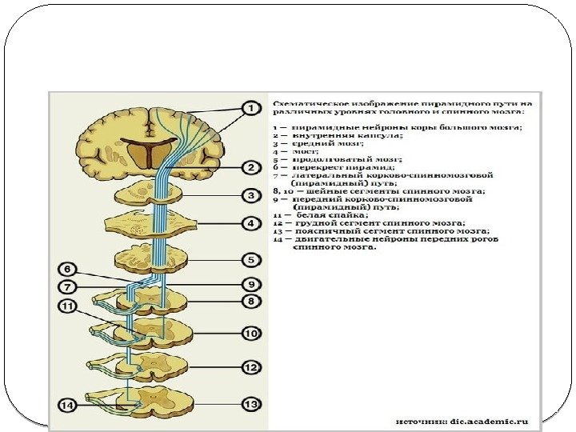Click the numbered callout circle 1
[x=250, y=107]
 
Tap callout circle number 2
[x=250, y=167]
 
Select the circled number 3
[x=250, y=195]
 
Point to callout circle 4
[x=250, y=222]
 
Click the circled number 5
[x=250, y=259]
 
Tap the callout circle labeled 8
[x=250, y=302]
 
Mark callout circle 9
[x=250, y=283]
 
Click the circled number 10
[x=250, y=332]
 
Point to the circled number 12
[x=250, y=367]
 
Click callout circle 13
[x=250, y=405]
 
